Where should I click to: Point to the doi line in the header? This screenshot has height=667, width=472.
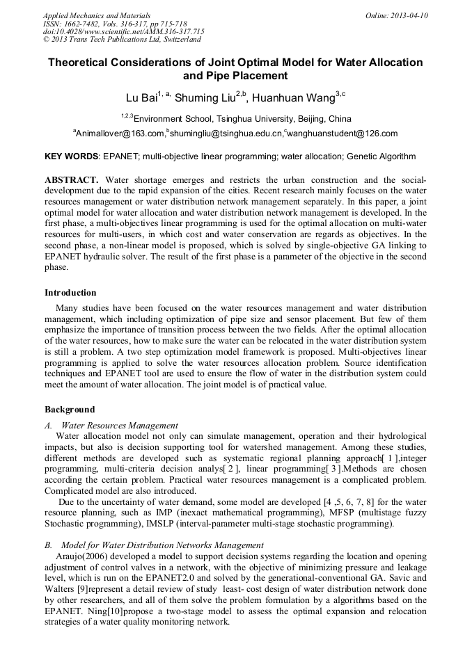click(123, 31)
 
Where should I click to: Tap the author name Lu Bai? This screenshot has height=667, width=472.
click(141, 97)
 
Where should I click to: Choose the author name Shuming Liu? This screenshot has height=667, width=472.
click(204, 97)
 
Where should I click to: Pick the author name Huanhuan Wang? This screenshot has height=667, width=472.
click(295, 97)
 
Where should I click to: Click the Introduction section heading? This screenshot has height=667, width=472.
click(70, 293)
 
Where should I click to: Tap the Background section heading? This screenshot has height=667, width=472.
click(70, 410)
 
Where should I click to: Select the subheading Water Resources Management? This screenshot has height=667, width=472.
click(120, 425)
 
